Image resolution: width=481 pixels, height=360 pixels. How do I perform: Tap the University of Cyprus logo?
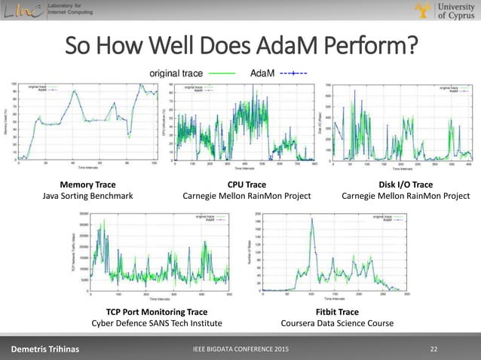444,13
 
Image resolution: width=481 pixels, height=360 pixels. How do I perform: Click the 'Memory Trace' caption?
87,184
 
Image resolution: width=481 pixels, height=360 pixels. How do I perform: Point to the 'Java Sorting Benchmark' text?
87,197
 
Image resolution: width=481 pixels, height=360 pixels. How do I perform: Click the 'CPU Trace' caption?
247,184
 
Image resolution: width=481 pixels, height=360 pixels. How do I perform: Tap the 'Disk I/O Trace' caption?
405,184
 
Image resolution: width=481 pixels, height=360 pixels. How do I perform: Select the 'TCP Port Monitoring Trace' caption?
157,311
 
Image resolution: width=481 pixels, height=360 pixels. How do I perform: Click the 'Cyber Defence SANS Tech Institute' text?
157,324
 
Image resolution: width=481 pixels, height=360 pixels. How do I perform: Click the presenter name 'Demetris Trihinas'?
44,349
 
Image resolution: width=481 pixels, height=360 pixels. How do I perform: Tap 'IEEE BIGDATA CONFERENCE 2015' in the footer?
240,349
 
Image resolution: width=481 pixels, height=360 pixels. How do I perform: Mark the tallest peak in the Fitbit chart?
312,220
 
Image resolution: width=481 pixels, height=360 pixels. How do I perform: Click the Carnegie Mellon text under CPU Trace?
247,197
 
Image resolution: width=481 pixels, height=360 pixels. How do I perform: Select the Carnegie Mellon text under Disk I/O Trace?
405,197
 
